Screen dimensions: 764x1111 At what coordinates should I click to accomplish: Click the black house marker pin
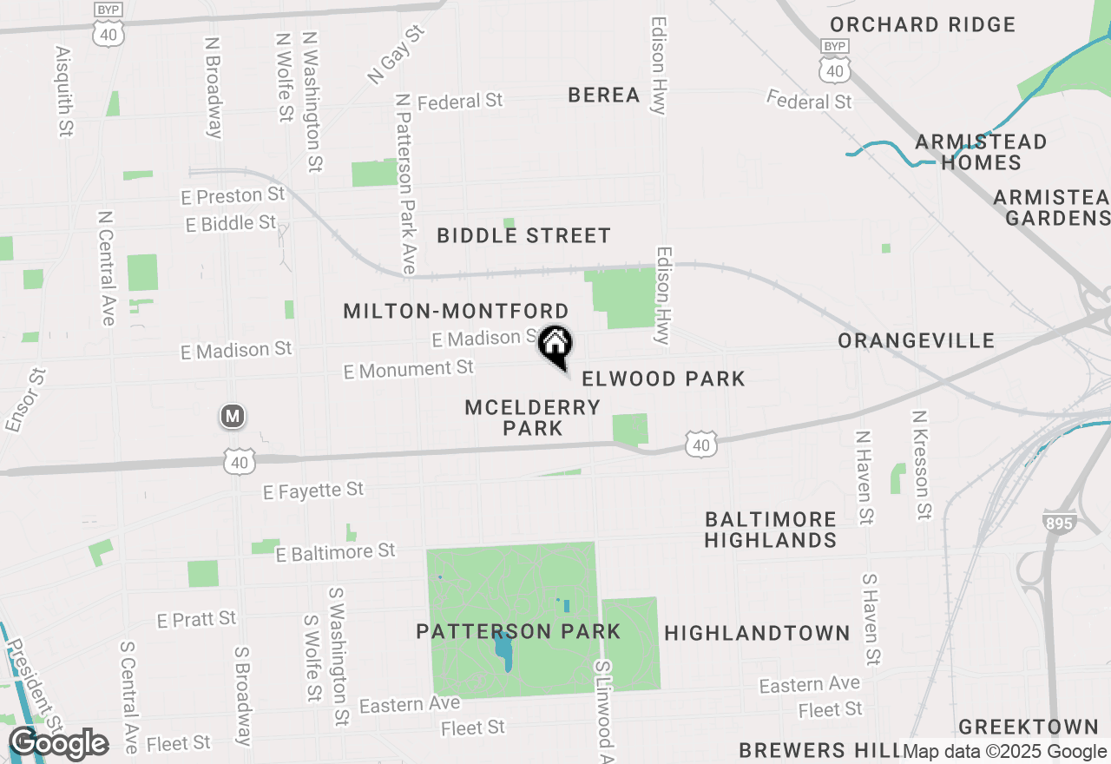pos(555,345)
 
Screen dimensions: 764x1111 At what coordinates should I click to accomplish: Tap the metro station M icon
pos(232,417)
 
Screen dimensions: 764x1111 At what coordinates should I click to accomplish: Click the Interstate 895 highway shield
pos(1059,523)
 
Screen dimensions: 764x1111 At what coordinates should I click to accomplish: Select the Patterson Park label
pos(518,631)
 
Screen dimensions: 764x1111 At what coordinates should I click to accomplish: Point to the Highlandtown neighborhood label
pos(757,633)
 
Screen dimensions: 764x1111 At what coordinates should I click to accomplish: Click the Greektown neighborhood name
pos(1029,727)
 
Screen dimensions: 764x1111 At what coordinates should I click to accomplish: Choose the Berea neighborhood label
pos(604,95)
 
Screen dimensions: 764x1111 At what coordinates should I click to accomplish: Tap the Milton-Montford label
pos(457,311)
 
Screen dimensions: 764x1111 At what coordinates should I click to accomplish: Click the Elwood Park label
pos(663,379)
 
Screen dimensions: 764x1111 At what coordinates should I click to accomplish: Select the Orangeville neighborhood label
pos(917,340)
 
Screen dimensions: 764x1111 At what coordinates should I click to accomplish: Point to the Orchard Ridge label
pos(923,24)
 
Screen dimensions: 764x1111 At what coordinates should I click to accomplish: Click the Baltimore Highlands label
pos(770,530)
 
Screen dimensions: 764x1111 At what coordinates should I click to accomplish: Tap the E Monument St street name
pos(409,370)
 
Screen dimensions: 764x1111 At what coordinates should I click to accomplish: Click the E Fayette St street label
pos(313,491)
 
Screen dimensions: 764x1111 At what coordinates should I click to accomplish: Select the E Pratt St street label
pos(196,620)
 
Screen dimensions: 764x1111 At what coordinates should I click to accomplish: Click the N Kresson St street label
pos(921,465)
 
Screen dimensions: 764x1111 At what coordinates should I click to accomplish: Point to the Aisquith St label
pos(63,92)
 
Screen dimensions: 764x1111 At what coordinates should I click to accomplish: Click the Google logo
pos(58,744)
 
